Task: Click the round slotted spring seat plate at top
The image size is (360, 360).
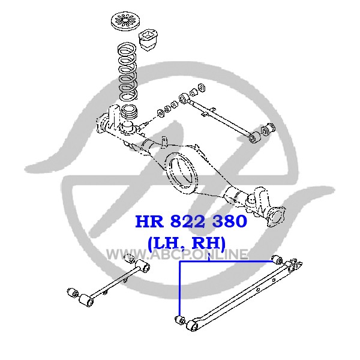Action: (125, 21)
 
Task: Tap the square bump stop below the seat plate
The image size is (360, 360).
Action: (148, 40)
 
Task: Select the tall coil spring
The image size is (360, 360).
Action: (127, 71)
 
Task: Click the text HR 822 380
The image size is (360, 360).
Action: (191, 221)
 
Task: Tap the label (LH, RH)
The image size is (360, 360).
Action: (187, 243)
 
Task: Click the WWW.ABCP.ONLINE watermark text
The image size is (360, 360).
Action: (177, 254)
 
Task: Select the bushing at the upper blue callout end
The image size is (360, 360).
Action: (277, 260)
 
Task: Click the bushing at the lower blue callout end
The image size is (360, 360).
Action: (180, 319)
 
